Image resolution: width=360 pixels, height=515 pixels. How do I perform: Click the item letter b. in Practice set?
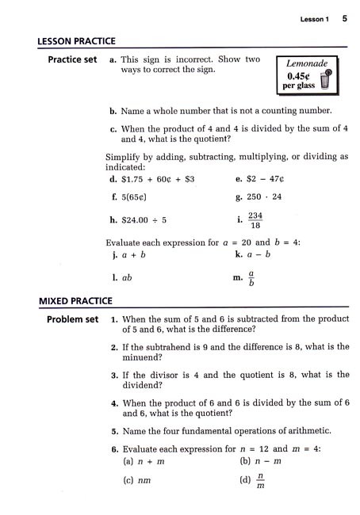tap(114, 111)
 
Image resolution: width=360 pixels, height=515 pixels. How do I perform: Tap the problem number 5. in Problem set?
tap(115, 431)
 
